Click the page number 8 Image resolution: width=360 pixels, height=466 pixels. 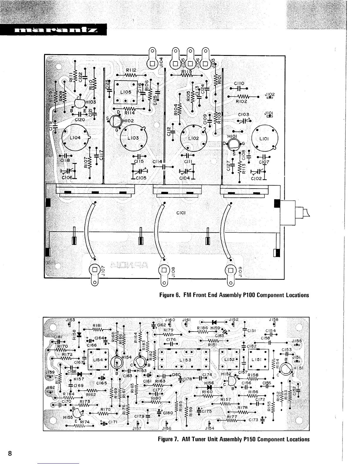click(10, 453)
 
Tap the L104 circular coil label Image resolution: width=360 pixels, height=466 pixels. click(75, 138)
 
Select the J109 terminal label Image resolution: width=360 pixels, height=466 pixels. click(240, 272)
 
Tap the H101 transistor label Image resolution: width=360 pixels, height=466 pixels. click(233, 136)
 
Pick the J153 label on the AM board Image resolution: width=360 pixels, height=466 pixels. click(70, 320)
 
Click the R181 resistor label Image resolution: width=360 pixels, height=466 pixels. click(97, 325)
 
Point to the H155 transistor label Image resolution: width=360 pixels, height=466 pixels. click(68, 417)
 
